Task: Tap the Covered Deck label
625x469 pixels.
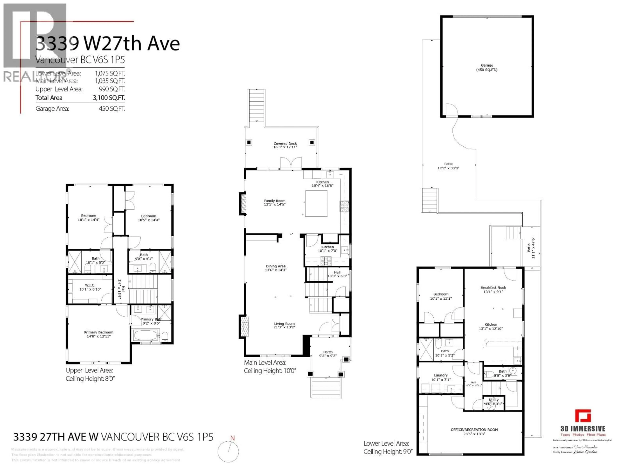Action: pyautogui.click(x=285, y=144)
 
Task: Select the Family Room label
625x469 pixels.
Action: pyautogui.click(x=275, y=201)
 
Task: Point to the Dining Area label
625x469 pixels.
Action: pyautogui.click(x=276, y=266)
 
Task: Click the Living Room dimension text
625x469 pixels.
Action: pyautogui.click(x=284, y=327)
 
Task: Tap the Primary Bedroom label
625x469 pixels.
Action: pyautogui.click(x=99, y=333)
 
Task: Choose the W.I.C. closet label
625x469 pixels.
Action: pyautogui.click(x=90, y=285)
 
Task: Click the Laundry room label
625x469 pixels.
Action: pyautogui.click(x=441, y=375)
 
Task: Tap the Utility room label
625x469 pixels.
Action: pyautogui.click(x=494, y=400)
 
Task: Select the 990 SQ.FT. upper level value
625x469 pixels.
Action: pyautogui.click(x=112, y=89)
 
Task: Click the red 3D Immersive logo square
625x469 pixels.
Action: pyautogui.click(x=583, y=416)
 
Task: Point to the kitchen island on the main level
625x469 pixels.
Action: pyautogui.click(x=316, y=203)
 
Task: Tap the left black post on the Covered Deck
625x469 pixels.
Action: pyautogui.click(x=249, y=142)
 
